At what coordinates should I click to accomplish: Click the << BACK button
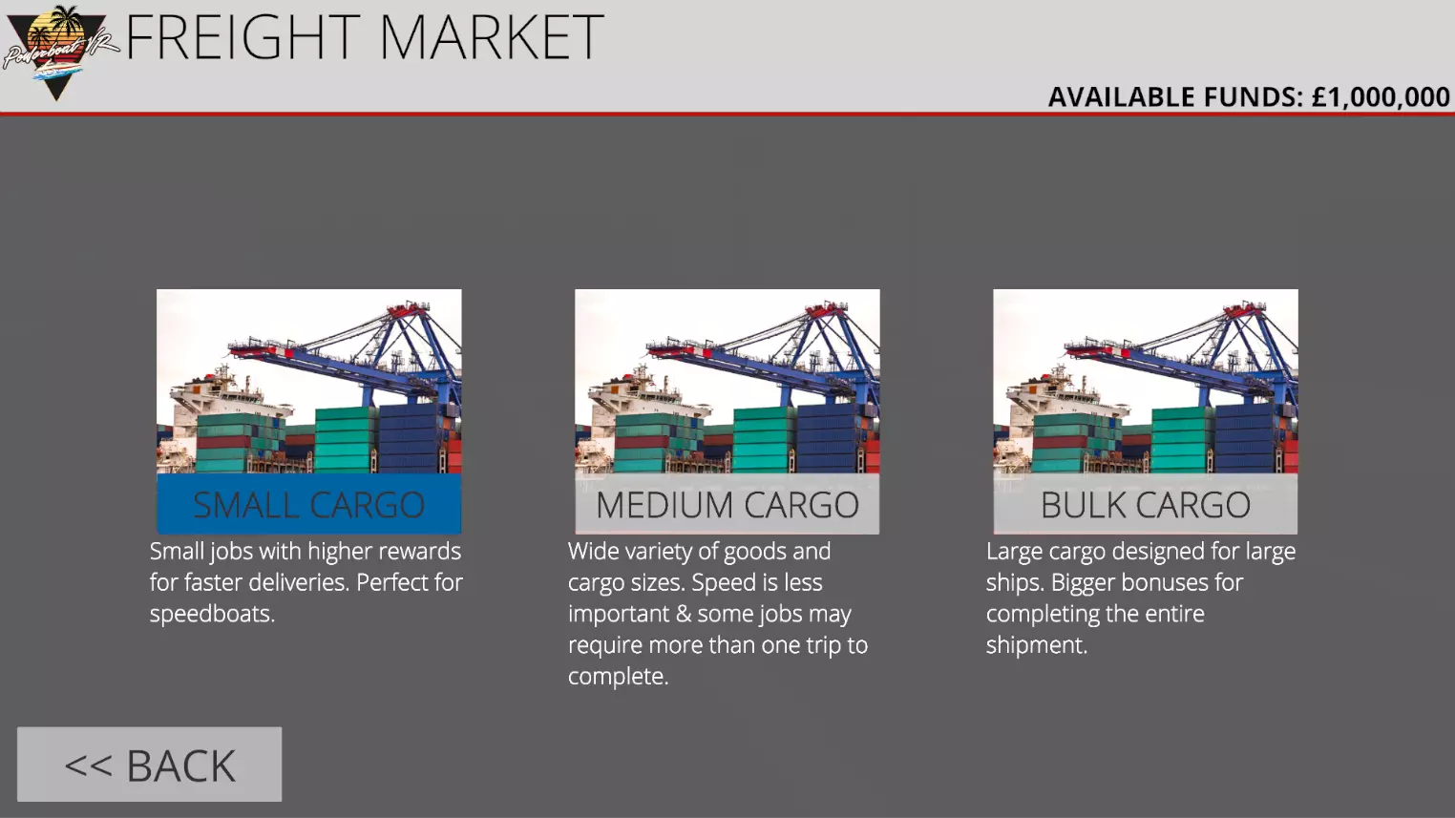click(x=149, y=765)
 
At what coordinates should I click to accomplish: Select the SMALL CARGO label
click(x=309, y=504)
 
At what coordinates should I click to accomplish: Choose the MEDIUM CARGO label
click(x=727, y=504)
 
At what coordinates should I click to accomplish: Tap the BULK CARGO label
click(x=1146, y=504)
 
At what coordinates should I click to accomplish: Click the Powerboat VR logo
click(x=58, y=52)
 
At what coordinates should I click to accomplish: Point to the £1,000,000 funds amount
click(x=1381, y=96)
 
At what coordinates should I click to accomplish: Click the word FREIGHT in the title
click(x=242, y=37)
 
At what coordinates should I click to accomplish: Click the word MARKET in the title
click(x=492, y=37)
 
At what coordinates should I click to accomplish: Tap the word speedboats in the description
click(x=212, y=614)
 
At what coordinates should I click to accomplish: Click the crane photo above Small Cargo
click(x=309, y=382)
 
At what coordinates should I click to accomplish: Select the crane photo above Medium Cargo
click(x=727, y=382)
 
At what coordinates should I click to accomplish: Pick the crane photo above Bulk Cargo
click(x=1146, y=382)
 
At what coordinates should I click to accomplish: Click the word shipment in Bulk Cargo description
click(x=1036, y=645)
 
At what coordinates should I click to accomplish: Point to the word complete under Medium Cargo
click(x=618, y=677)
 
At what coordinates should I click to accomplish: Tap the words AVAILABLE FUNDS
click(x=1175, y=96)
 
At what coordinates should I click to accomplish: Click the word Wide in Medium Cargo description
click(x=592, y=551)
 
